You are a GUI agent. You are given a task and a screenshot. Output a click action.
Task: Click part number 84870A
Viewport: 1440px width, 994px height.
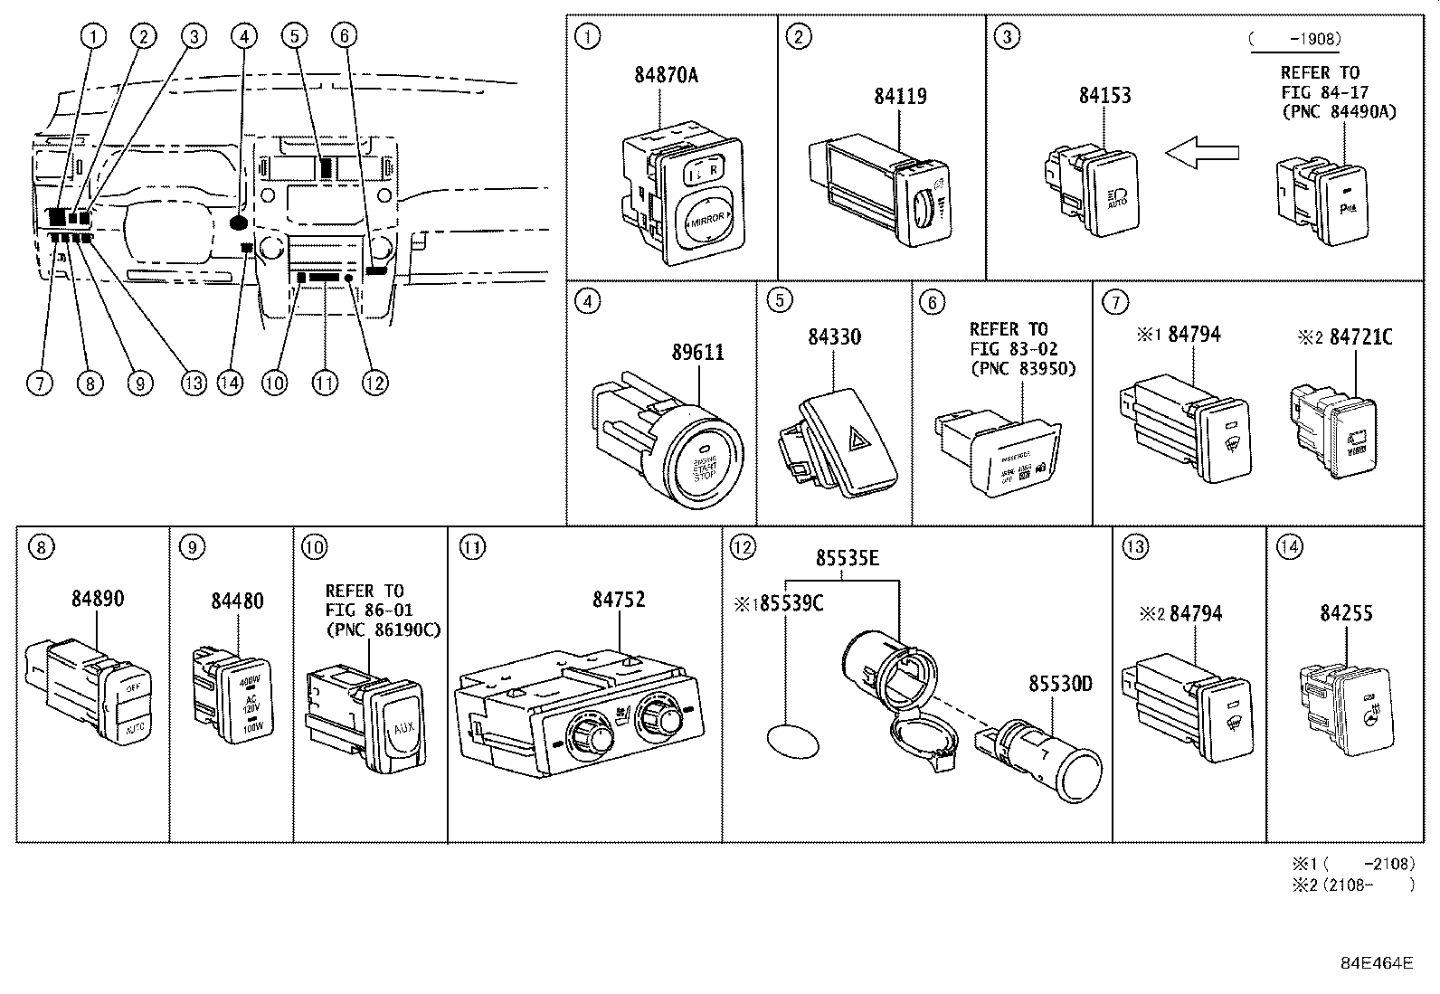point(666,76)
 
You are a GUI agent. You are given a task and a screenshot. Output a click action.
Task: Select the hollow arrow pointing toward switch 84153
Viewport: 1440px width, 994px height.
point(1201,153)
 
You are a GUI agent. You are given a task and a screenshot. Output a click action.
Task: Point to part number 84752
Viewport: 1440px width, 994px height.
point(619,600)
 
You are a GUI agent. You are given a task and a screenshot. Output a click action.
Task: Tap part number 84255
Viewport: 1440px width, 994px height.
point(1346,613)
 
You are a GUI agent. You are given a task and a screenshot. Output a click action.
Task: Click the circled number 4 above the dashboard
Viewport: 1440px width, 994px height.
point(242,35)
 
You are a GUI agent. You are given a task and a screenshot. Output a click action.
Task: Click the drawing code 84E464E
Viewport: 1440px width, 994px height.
point(1376,962)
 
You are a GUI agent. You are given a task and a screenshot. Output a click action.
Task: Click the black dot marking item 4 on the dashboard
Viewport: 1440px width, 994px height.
point(240,221)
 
